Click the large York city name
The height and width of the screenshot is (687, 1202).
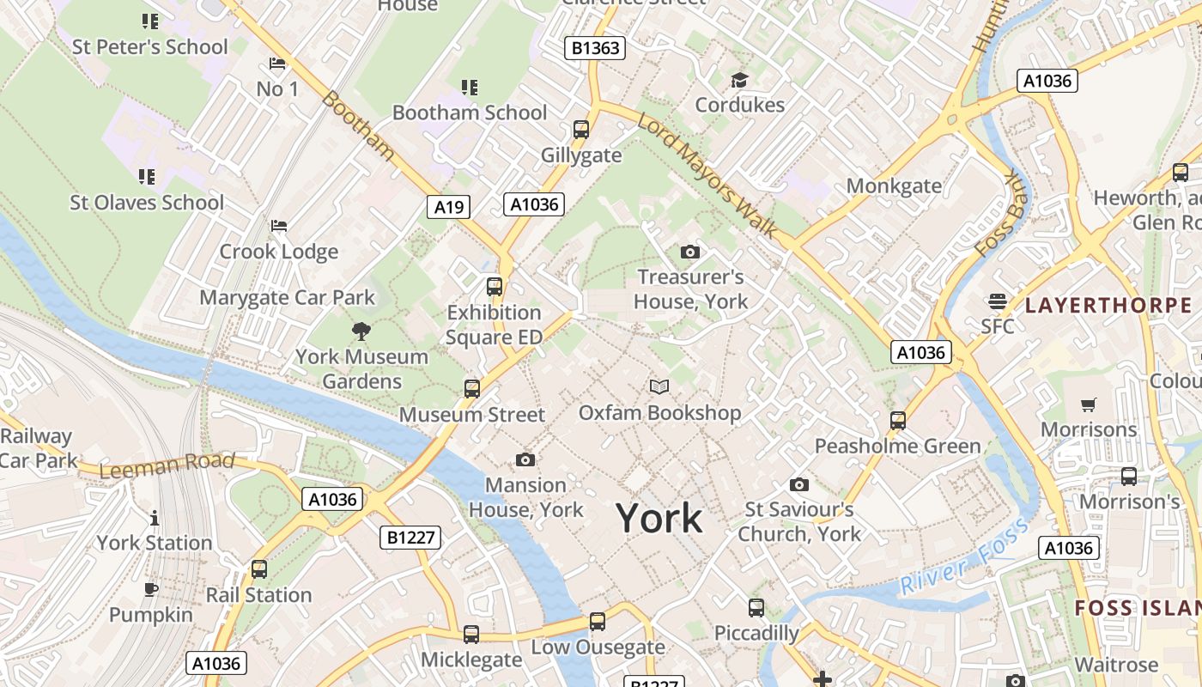pos(659,519)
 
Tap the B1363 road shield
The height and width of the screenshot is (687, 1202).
pos(596,48)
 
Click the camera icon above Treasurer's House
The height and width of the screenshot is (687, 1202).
pos(689,252)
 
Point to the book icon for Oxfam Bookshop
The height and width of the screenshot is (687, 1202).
pos(659,387)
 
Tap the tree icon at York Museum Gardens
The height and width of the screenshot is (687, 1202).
pos(361,331)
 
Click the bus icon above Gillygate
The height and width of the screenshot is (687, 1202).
pos(581,130)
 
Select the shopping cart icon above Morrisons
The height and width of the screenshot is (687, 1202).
pos(1089,404)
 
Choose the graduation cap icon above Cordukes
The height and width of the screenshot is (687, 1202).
pos(739,81)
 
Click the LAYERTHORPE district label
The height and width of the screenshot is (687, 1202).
pos(1108,305)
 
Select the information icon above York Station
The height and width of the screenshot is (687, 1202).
pos(155,518)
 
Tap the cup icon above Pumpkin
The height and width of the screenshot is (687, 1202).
pos(151,589)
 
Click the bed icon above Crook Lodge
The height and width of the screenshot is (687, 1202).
pos(279,226)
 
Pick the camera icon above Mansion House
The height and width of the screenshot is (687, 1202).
pos(525,460)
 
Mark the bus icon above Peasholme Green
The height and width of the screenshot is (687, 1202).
pos(898,421)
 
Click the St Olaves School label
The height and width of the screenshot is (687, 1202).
pos(147,203)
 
